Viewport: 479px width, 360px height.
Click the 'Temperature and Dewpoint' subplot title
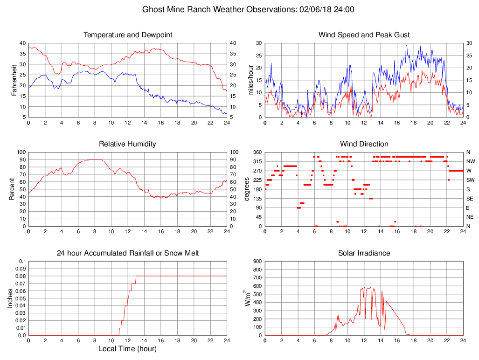(x=128, y=35)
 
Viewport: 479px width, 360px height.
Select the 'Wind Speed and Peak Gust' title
(x=364, y=35)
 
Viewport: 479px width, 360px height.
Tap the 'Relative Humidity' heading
(x=128, y=144)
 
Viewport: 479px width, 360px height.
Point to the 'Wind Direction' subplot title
(x=364, y=144)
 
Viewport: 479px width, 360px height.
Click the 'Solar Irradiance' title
(x=364, y=253)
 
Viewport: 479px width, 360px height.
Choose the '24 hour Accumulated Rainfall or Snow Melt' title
(x=128, y=253)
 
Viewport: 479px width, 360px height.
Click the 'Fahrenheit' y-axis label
(x=14, y=80)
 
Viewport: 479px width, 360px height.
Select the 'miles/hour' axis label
(x=250, y=80)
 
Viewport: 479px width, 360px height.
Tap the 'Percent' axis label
(x=12, y=189)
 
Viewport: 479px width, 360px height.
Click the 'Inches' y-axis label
(x=10, y=298)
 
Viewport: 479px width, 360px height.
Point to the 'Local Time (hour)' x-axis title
(x=128, y=349)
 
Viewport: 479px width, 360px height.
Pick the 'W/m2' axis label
(x=248, y=298)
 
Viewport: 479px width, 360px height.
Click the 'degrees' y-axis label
(x=246, y=189)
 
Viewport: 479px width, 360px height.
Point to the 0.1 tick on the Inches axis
(x=22, y=261)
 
